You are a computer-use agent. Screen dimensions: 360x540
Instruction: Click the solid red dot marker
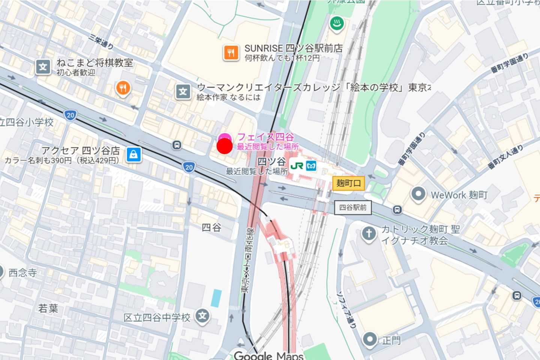click(x=224, y=146)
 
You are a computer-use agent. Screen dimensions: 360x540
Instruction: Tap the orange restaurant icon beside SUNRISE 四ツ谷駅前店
click(x=231, y=53)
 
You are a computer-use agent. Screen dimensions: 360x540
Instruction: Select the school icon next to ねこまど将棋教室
click(x=43, y=67)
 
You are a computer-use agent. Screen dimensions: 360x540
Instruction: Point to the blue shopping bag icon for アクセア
click(x=133, y=154)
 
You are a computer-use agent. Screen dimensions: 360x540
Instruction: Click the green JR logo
click(x=297, y=166)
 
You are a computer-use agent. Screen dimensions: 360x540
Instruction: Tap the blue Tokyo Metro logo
click(x=311, y=166)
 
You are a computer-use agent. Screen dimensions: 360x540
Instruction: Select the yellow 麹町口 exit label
click(x=348, y=183)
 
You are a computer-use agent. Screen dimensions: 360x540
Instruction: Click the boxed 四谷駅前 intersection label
click(x=352, y=207)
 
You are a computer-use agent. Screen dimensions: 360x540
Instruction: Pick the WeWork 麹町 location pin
click(x=418, y=194)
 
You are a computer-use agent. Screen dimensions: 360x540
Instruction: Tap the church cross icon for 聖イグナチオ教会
click(x=369, y=234)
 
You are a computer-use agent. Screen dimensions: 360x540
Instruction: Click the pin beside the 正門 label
click(x=370, y=339)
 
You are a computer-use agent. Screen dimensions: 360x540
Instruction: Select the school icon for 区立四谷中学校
click(x=202, y=316)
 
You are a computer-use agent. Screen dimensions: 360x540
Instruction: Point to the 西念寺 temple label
click(x=22, y=273)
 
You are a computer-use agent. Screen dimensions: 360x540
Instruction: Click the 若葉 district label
click(x=48, y=308)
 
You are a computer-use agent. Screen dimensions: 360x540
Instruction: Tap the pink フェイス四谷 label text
click(x=265, y=137)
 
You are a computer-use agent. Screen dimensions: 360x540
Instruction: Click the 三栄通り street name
click(x=101, y=42)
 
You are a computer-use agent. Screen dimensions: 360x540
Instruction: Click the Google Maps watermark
click(x=268, y=355)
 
